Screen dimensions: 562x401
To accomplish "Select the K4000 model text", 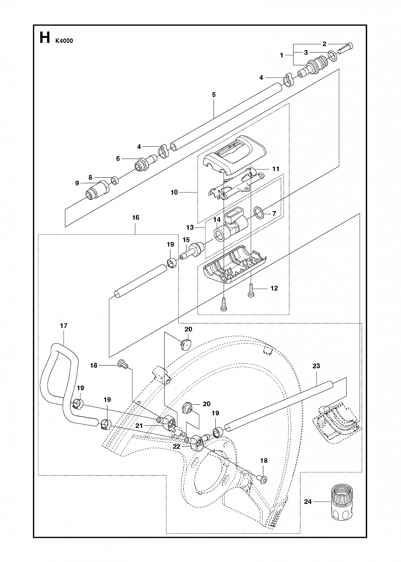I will click(x=64, y=40).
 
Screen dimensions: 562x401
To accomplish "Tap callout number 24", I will click(x=308, y=502).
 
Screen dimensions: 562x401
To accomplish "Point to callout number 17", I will click(x=64, y=326).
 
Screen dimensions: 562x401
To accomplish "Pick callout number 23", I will click(x=316, y=366).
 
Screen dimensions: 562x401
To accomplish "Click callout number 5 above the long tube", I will click(x=214, y=95).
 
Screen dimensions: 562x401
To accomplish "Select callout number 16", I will click(x=136, y=217).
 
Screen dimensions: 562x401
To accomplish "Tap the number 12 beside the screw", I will click(x=274, y=288).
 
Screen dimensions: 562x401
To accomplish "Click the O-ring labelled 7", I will click(x=259, y=212).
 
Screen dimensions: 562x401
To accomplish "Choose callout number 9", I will click(x=77, y=183).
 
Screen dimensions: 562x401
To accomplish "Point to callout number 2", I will click(x=324, y=44).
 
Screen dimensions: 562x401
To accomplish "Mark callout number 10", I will click(x=174, y=192).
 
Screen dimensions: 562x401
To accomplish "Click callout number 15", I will click(x=186, y=239).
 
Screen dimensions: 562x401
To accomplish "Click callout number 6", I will click(x=118, y=159).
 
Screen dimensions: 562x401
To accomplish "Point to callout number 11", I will click(x=275, y=169).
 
